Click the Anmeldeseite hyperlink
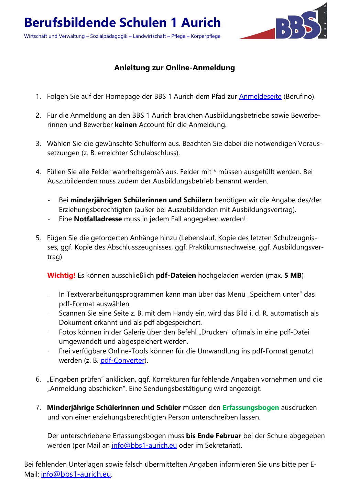(260, 97)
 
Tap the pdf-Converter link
(122, 361)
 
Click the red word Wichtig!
(61, 276)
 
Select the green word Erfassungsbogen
(251, 408)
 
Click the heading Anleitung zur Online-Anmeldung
(175, 68)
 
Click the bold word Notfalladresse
(98, 219)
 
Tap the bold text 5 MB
(293, 276)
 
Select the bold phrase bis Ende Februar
(214, 436)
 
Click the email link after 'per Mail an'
(144, 446)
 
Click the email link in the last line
(76, 475)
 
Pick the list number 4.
(38, 172)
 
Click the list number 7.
(38, 408)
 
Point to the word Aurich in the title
(201, 23)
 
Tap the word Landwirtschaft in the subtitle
(149, 36)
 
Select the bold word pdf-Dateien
(176, 276)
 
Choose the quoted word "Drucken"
(214, 332)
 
